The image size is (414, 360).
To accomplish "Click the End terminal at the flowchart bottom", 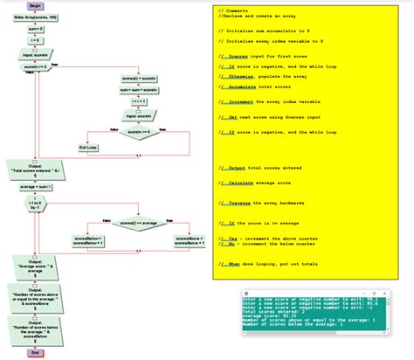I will click(36, 352).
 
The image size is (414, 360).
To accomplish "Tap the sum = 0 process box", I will click(36, 28).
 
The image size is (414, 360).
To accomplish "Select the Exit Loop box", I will click(89, 148).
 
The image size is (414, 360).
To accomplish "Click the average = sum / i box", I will click(36, 186).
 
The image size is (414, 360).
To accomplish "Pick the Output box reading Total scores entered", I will click(36, 170).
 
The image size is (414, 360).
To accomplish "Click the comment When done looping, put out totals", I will click(272, 264).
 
